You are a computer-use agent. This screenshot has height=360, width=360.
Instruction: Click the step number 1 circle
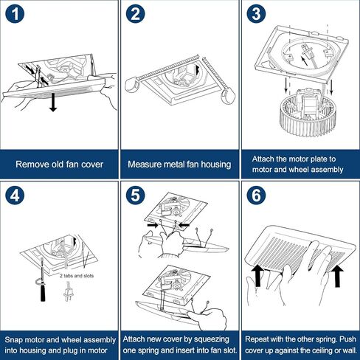15,14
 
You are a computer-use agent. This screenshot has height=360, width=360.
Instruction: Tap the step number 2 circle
135,14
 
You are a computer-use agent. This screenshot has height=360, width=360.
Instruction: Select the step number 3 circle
256,14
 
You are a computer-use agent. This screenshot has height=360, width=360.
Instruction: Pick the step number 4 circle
15,195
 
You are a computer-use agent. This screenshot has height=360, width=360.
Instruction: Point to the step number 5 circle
135,195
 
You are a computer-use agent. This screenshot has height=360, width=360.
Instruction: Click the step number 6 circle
256,195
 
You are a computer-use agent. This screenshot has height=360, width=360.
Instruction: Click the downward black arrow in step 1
53,102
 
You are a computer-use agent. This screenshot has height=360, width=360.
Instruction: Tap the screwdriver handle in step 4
43,292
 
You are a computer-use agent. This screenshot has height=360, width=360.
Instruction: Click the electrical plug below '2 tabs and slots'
67,292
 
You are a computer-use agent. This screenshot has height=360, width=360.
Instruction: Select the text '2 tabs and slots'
77,276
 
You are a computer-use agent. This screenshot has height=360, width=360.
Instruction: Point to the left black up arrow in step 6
257,275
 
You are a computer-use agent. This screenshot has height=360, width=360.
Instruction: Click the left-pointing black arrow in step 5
184,225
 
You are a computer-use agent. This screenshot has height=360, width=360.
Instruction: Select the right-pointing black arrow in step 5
153,225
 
